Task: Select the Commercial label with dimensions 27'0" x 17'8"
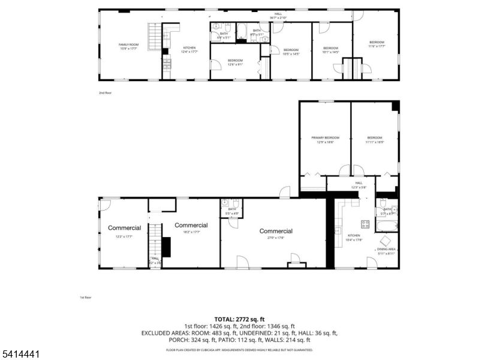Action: tap(276, 231)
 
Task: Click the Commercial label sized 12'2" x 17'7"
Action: tap(124, 228)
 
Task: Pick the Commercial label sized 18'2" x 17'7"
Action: tap(191, 226)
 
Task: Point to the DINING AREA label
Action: tap(386, 249)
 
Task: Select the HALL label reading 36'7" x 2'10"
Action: tap(278, 14)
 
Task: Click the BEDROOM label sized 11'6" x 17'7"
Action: tap(376, 42)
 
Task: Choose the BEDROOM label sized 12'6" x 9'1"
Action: tap(235, 61)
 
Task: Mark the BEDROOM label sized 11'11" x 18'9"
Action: tap(375, 138)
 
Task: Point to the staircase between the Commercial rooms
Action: tap(155, 240)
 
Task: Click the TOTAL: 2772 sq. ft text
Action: tap(239, 319)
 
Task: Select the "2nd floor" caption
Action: tap(105, 93)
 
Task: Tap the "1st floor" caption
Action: tap(86, 298)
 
